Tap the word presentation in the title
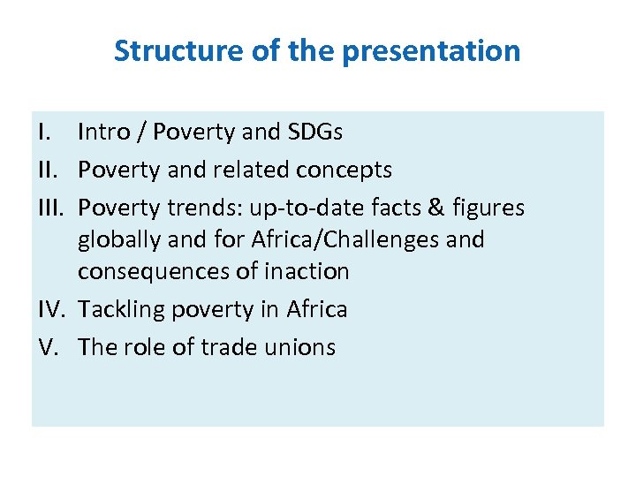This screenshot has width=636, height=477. (431, 51)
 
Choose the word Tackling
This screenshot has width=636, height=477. (122, 310)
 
